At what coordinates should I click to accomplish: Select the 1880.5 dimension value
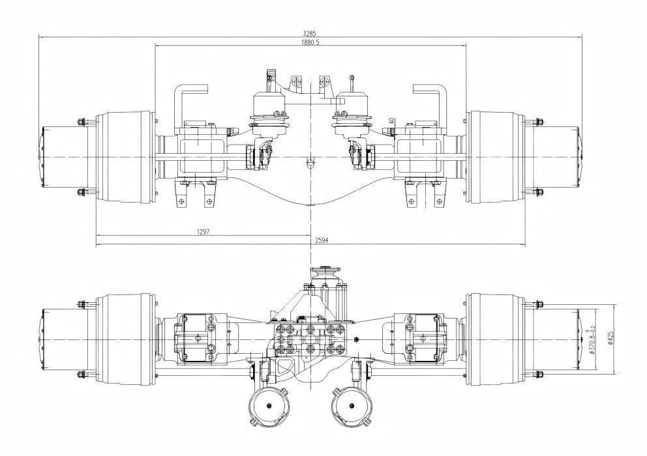point(311,40)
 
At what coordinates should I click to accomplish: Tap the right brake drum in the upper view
point(497,158)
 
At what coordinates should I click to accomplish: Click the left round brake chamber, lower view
point(268,408)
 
